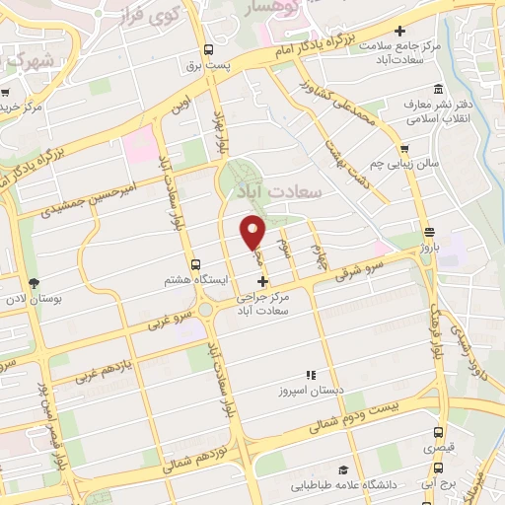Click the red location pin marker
(253, 232)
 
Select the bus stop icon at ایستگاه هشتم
(195, 264)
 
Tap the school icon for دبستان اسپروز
(310, 375)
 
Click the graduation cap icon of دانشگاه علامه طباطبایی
(342, 471)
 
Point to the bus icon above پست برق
(208, 49)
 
